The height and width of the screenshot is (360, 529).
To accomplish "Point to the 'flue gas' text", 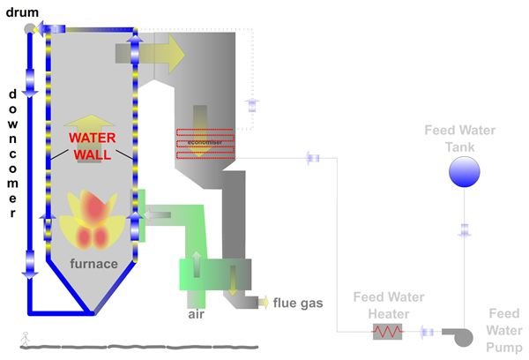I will [298, 304].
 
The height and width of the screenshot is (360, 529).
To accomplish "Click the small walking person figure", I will [25, 336].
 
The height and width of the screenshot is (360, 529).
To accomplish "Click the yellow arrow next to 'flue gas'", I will [263, 304].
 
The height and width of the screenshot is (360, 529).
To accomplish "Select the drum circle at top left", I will [30, 28].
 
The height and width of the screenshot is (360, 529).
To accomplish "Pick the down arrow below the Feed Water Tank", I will [464, 230].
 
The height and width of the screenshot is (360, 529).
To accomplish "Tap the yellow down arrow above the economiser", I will [202, 119].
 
